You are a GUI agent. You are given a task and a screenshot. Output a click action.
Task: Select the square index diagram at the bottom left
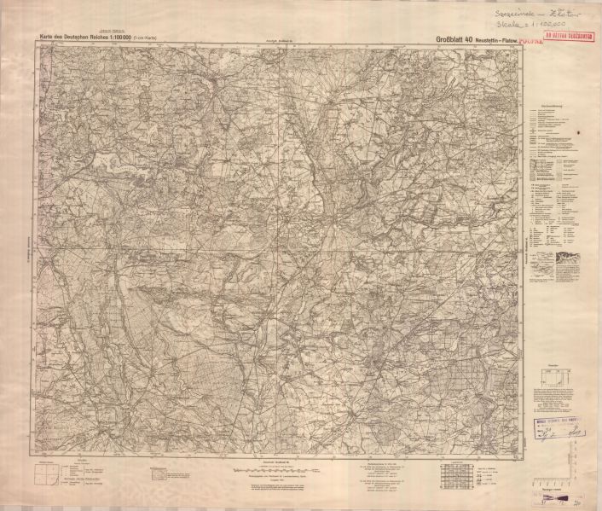[49, 472]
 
